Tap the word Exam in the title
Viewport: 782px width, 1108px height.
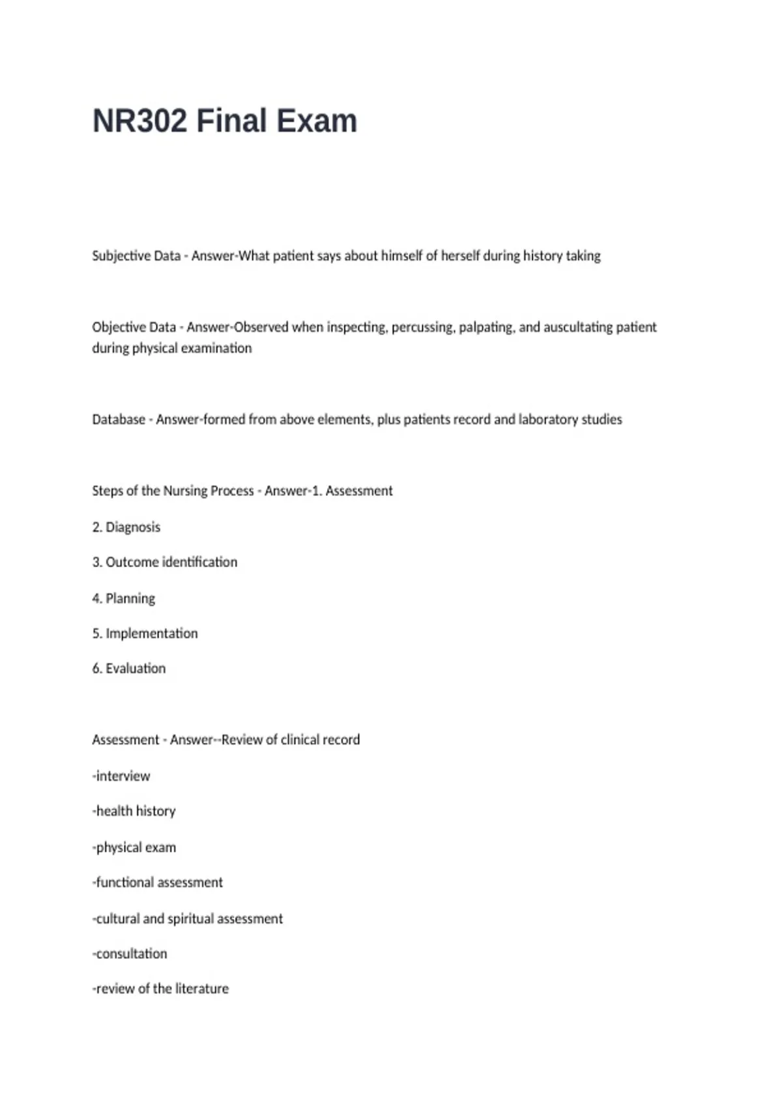(x=316, y=121)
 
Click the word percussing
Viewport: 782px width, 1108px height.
(x=423, y=327)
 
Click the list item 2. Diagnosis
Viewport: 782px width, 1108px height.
(x=126, y=527)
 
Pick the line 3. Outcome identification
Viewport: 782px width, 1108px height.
(x=165, y=562)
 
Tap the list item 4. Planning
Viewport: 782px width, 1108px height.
(x=124, y=598)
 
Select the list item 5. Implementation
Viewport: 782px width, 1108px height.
(x=145, y=634)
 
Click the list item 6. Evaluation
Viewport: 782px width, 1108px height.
(x=129, y=669)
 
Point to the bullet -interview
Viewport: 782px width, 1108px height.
(x=121, y=776)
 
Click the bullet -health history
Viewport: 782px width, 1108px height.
(x=134, y=811)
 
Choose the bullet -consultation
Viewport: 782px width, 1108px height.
(x=130, y=954)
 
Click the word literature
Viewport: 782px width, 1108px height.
(x=202, y=989)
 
